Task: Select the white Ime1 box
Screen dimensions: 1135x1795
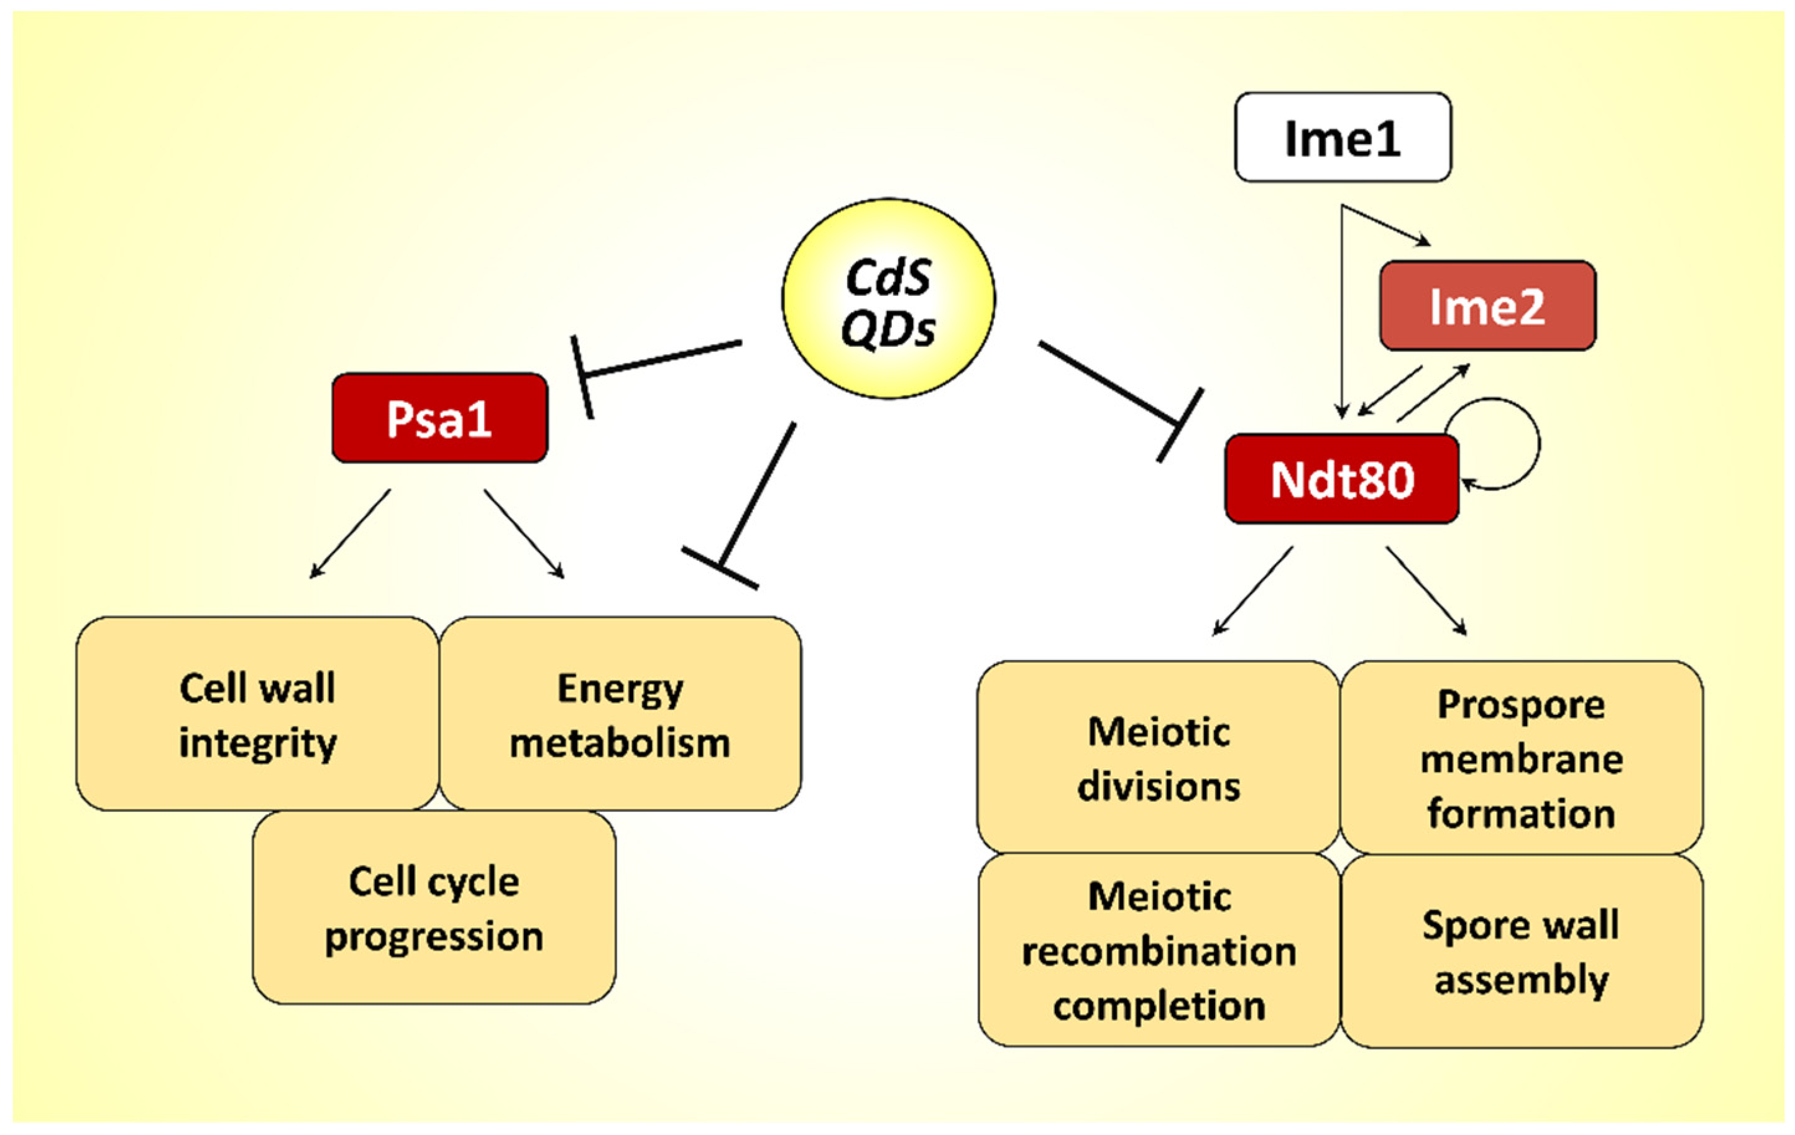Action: [1343, 137]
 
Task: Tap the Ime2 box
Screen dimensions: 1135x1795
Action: [1487, 306]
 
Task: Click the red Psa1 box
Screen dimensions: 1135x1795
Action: [440, 418]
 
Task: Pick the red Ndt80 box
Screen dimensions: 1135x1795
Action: [1342, 479]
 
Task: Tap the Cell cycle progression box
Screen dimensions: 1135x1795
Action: [434, 908]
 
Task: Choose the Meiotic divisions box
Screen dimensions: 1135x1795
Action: [1159, 757]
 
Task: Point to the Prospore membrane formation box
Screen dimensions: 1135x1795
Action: [1521, 757]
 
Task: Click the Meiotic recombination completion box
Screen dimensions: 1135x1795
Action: [1159, 950]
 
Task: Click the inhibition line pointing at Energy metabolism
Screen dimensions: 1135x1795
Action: [756, 495]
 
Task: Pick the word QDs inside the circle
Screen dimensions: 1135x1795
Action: [888, 329]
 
